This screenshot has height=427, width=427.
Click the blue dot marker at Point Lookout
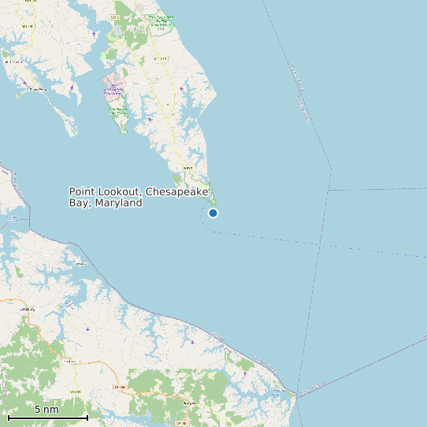(213, 213)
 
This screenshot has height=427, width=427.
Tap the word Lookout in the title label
(119, 192)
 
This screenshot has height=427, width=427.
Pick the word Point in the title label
(82, 192)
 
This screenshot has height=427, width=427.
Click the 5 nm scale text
(46, 410)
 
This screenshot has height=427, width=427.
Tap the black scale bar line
(46, 417)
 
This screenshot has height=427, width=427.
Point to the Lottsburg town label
(28, 310)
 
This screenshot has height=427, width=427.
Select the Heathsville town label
(75, 362)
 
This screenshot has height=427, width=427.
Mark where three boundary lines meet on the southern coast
(297, 394)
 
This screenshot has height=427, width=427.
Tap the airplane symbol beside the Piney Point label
(24, 83)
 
